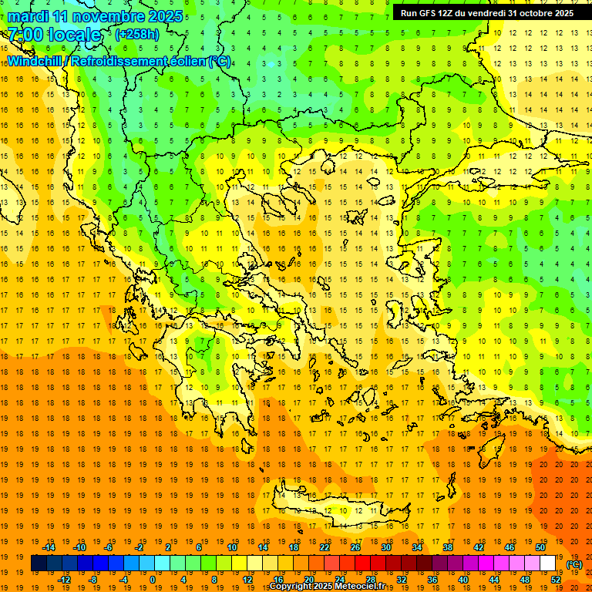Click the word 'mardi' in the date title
(x=28, y=15)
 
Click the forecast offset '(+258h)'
(x=137, y=35)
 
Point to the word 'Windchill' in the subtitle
(x=35, y=61)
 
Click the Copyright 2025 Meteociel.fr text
(x=327, y=587)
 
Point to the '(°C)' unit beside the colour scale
(x=573, y=564)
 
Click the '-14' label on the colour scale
(x=49, y=547)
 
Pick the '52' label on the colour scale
(x=555, y=580)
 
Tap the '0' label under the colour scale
(x=152, y=580)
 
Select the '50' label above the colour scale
(x=540, y=547)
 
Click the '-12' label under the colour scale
(x=64, y=580)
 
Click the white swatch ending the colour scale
(x=547, y=563)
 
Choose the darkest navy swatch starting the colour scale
(x=39, y=563)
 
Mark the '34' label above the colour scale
(x=416, y=547)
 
